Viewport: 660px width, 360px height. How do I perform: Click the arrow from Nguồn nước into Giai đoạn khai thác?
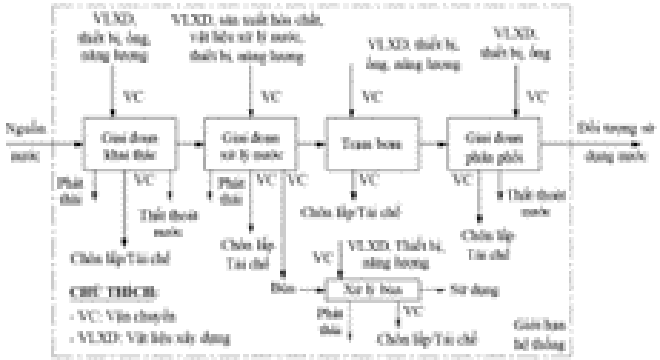pyautogui.click(x=62, y=145)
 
